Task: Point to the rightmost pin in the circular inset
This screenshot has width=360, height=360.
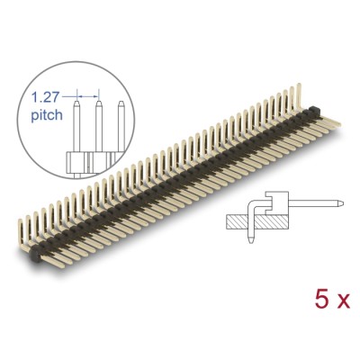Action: (117, 126)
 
